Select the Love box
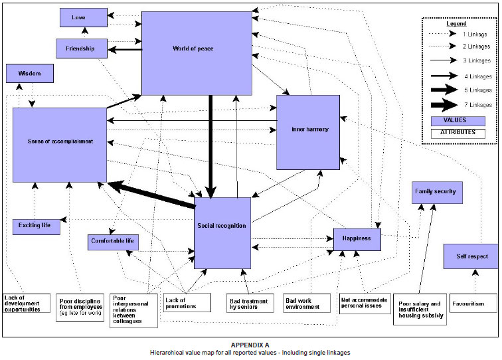click(83, 17)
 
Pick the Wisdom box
click(30, 74)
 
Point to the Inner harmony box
click(308, 131)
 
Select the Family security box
click(436, 192)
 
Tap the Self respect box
click(471, 256)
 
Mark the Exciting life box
click(36, 227)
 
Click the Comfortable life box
click(113, 242)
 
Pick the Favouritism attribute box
click(473, 304)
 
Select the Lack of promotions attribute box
click(187, 304)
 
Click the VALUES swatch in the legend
click(458, 121)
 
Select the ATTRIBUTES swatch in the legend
click(458, 134)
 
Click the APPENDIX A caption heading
click(250, 345)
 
